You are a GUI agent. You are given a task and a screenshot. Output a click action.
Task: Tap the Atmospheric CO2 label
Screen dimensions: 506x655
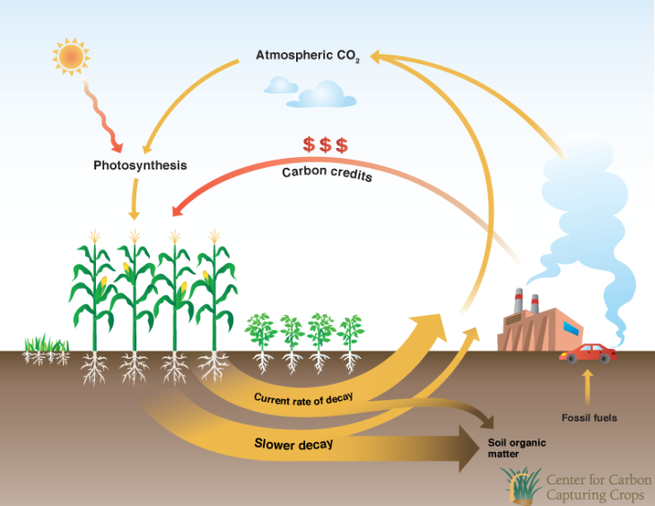pyautogui.click(x=308, y=56)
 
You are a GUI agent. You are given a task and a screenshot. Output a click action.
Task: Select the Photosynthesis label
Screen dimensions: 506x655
pyautogui.click(x=140, y=165)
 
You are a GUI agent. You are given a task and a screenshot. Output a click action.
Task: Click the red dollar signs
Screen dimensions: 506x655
pyautogui.click(x=325, y=144)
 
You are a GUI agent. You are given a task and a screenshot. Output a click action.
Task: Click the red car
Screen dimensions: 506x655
pyautogui.click(x=588, y=353)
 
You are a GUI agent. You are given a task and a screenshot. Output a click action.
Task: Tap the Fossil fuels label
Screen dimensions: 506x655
pyautogui.click(x=589, y=417)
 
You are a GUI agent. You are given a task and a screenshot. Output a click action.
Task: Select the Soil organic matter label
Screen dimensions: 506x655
pyautogui.click(x=516, y=449)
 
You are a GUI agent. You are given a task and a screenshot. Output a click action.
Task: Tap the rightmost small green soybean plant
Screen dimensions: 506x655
pyautogui.click(x=351, y=336)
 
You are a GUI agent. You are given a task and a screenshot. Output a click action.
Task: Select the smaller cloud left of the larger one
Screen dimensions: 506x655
pyautogui.click(x=281, y=85)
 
